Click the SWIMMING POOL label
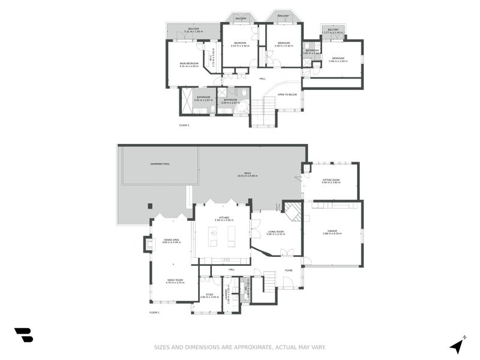160,164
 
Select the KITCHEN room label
223,218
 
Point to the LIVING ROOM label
276,232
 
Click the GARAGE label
332,231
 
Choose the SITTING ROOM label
331,180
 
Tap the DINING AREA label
172,240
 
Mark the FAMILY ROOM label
175,280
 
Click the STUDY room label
209,295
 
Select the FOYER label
289,270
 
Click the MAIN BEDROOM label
188,63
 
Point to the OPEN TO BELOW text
287,94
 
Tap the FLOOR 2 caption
184,125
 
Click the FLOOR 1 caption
154,313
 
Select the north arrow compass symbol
458,345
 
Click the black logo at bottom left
23,335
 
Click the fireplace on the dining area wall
147,243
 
